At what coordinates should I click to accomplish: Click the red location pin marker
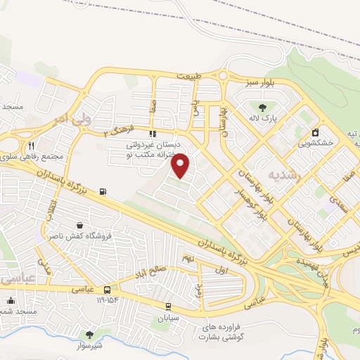pyautogui.click(x=181, y=165)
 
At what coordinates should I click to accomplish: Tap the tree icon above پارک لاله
pyautogui.click(x=262, y=108)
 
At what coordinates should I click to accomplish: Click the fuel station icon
pyautogui.click(x=104, y=191)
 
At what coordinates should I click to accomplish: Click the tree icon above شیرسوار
pyautogui.click(x=89, y=335)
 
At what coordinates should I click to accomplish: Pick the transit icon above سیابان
pyautogui.click(x=168, y=306)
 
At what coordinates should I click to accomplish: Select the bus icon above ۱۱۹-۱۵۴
pyautogui.click(x=107, y=290)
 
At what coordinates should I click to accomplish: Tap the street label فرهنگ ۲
pyautogui.click(x=117, y=130)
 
